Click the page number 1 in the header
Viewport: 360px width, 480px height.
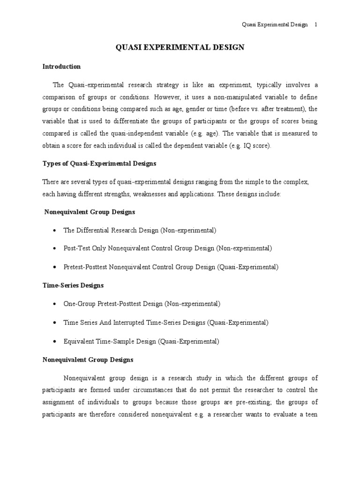[316, 25]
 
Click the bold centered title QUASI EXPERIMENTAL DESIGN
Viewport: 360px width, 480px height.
[180, 47]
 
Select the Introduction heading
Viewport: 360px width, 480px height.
[61, 67]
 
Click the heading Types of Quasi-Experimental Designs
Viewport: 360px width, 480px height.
[99, 164]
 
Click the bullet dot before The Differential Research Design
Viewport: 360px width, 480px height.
[56, 231]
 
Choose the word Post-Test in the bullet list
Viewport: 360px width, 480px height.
[76, 248]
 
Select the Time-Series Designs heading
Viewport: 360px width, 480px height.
[73, 285]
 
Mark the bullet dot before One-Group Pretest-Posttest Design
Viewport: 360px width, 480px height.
[56, 304]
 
